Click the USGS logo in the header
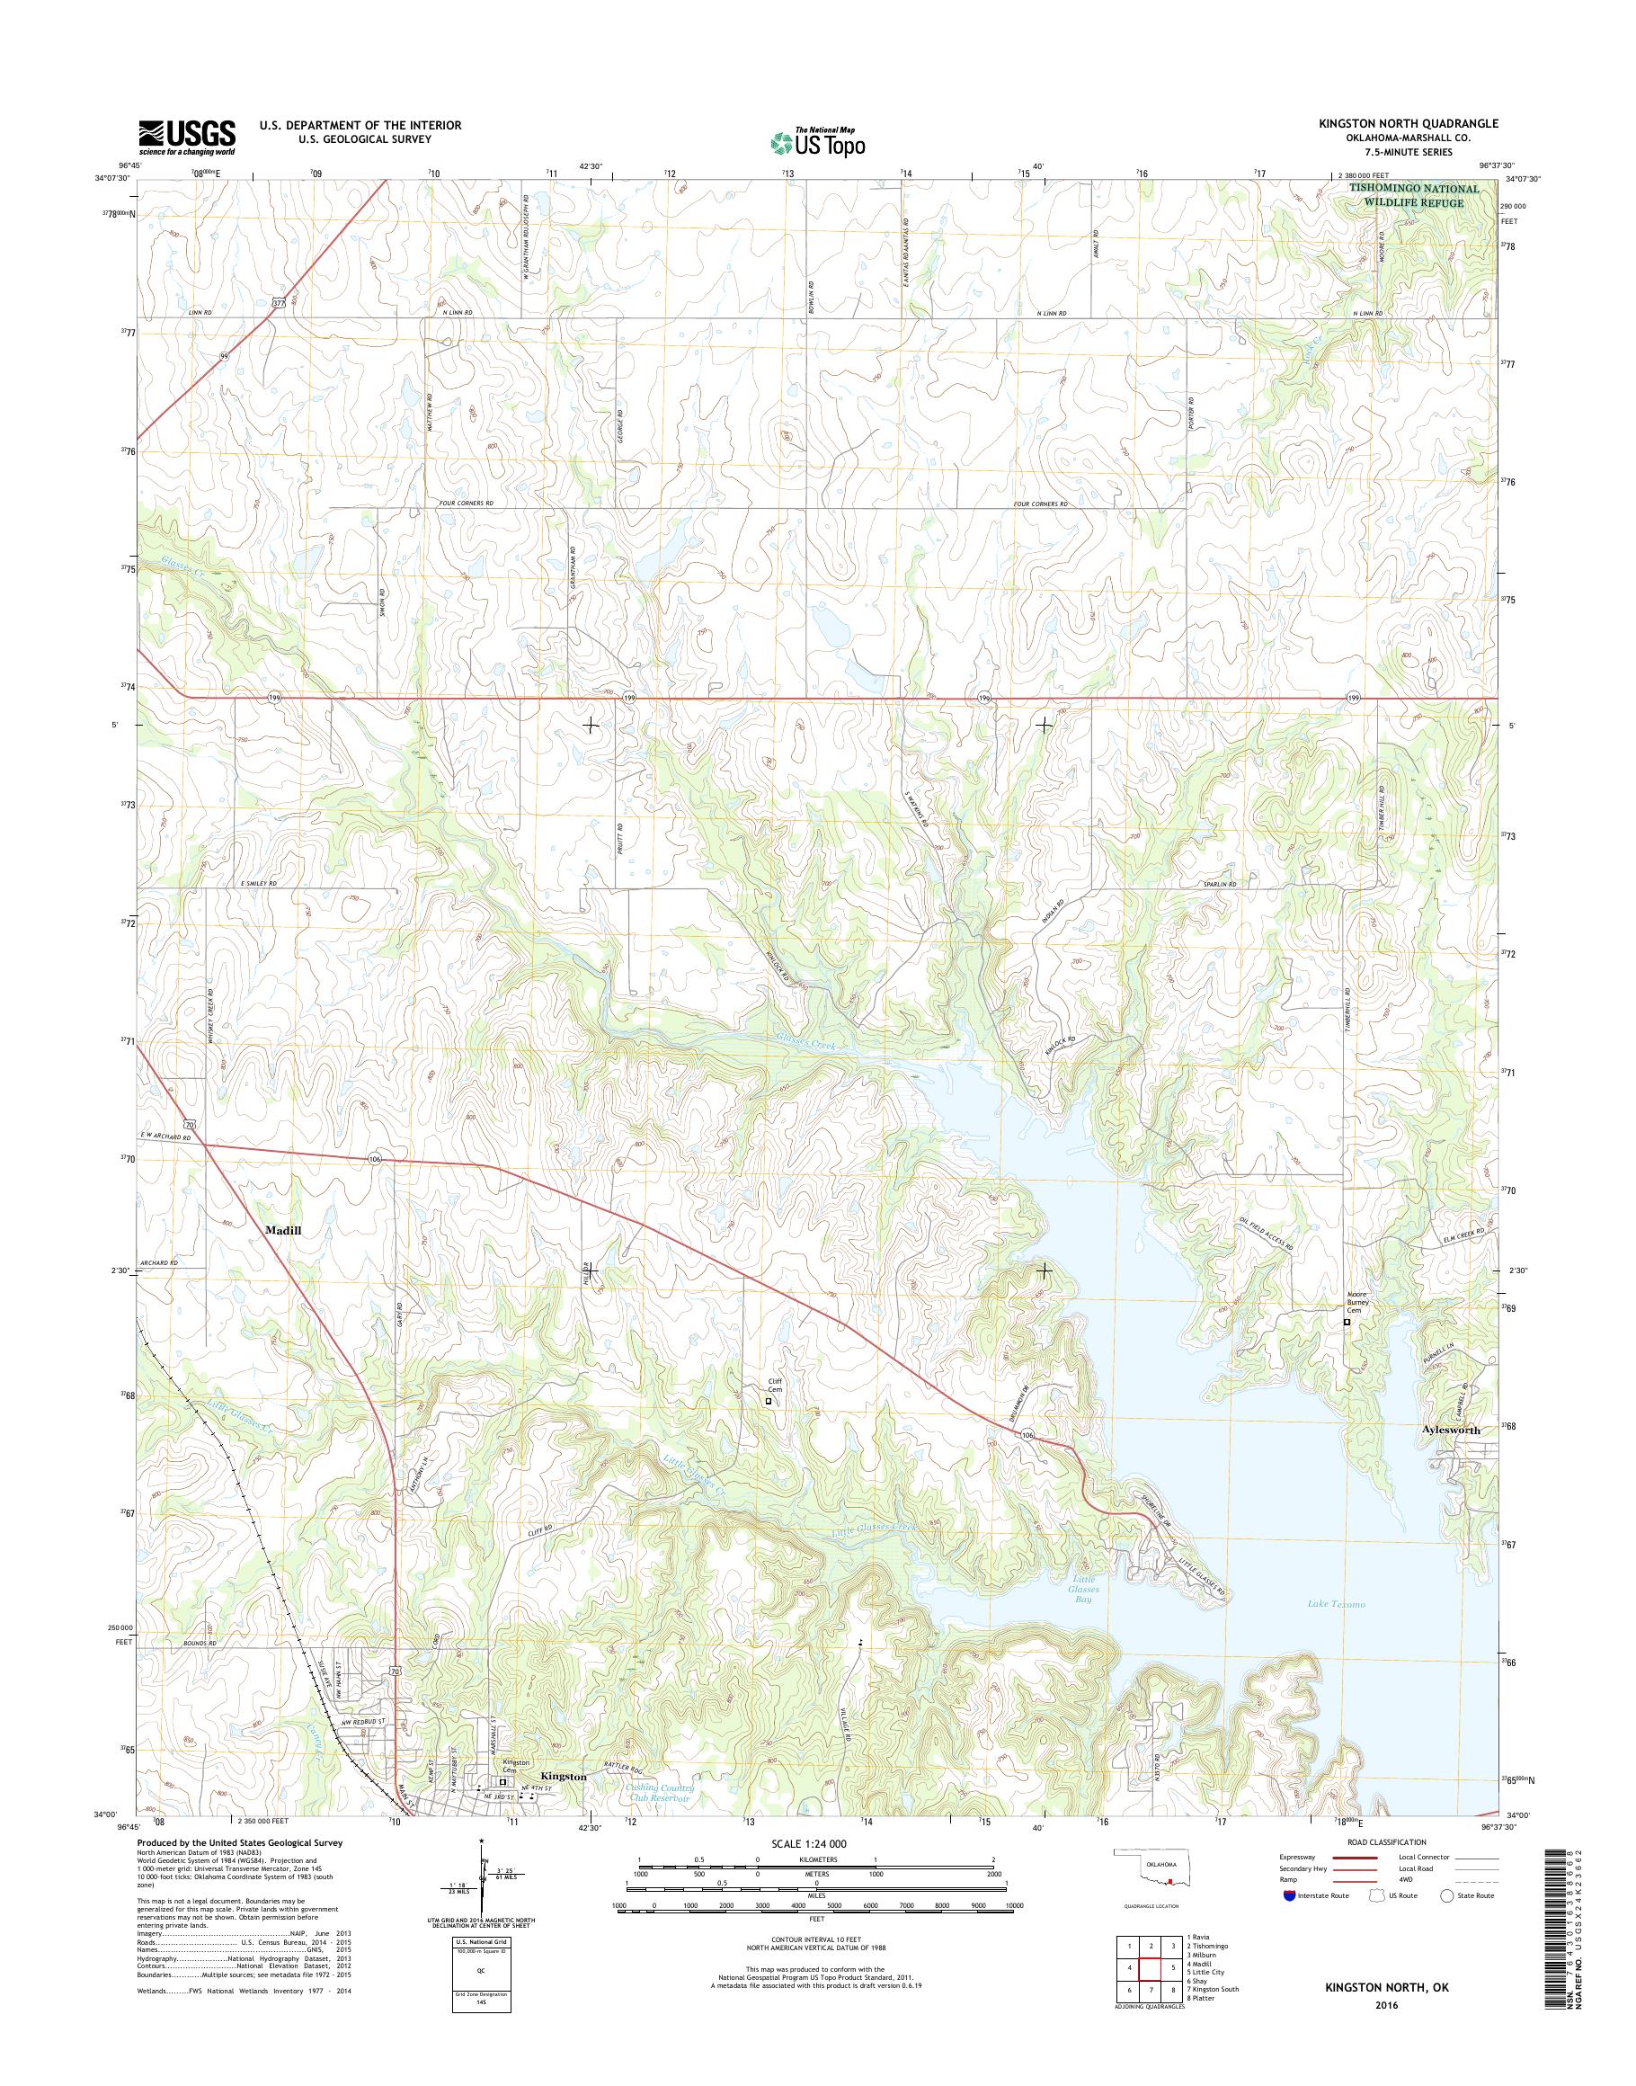[x=187, y=137]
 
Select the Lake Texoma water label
[x=1336, y=1604]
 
